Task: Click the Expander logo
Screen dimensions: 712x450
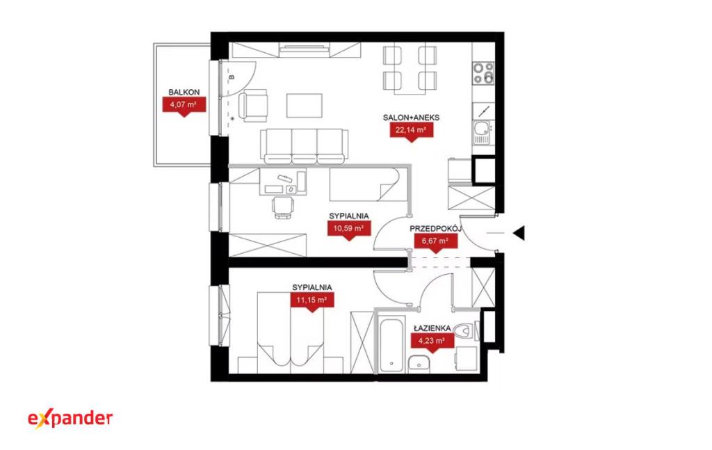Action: [x=70, y=419]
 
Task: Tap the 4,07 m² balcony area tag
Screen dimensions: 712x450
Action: [x=184, y=106]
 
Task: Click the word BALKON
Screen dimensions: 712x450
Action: [x=184, y=92]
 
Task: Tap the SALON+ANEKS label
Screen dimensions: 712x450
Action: [x=412, y=118]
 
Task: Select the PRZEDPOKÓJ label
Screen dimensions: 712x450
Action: [x=436, y=228]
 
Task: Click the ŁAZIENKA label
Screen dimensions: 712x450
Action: [x=432, y=328]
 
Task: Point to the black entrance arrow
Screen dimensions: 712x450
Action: [x=519, y=233]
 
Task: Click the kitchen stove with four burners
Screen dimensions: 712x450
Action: [x=484, y=72]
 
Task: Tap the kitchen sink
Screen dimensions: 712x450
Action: [x=483, y=131]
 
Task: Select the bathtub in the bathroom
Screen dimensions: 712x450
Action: [x=391, y=346]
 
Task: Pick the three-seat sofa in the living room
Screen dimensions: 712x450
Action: [x=305, y=146]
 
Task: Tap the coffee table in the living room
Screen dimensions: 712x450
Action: [x=305, y=105]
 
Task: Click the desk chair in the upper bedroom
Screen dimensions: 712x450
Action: [x=284, y=207]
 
